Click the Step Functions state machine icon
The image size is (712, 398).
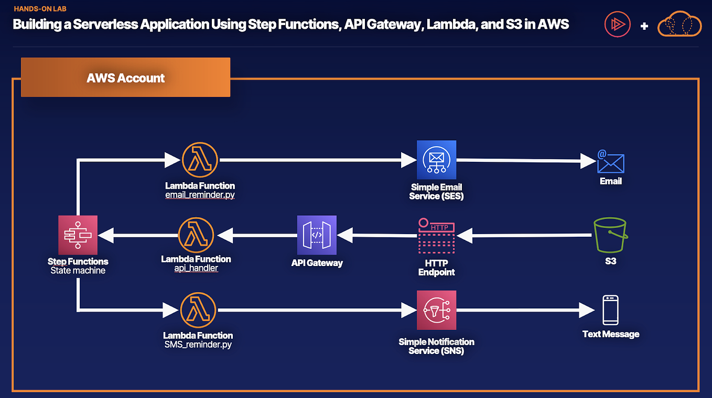tap(78, 235)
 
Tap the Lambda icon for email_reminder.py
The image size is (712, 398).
tap(200, 160)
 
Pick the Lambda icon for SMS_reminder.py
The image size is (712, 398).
tap(198, 311)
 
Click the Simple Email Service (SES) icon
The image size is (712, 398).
tap(437, 160)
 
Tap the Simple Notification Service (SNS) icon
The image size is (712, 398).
tap(437, 311)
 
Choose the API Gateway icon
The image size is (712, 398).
tap(317, 235)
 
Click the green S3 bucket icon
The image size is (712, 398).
tap(611, 236)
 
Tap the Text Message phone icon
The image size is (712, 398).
tap(610, 310)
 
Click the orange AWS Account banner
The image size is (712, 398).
tap(125, 78)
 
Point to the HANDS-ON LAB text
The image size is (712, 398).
tap(40, 9)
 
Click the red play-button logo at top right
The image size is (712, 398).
tap(618, 24)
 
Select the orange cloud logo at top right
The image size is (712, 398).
tap(679, 24)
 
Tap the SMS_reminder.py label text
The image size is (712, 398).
tap(198, 345)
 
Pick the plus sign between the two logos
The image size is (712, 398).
tap(644, 26)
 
